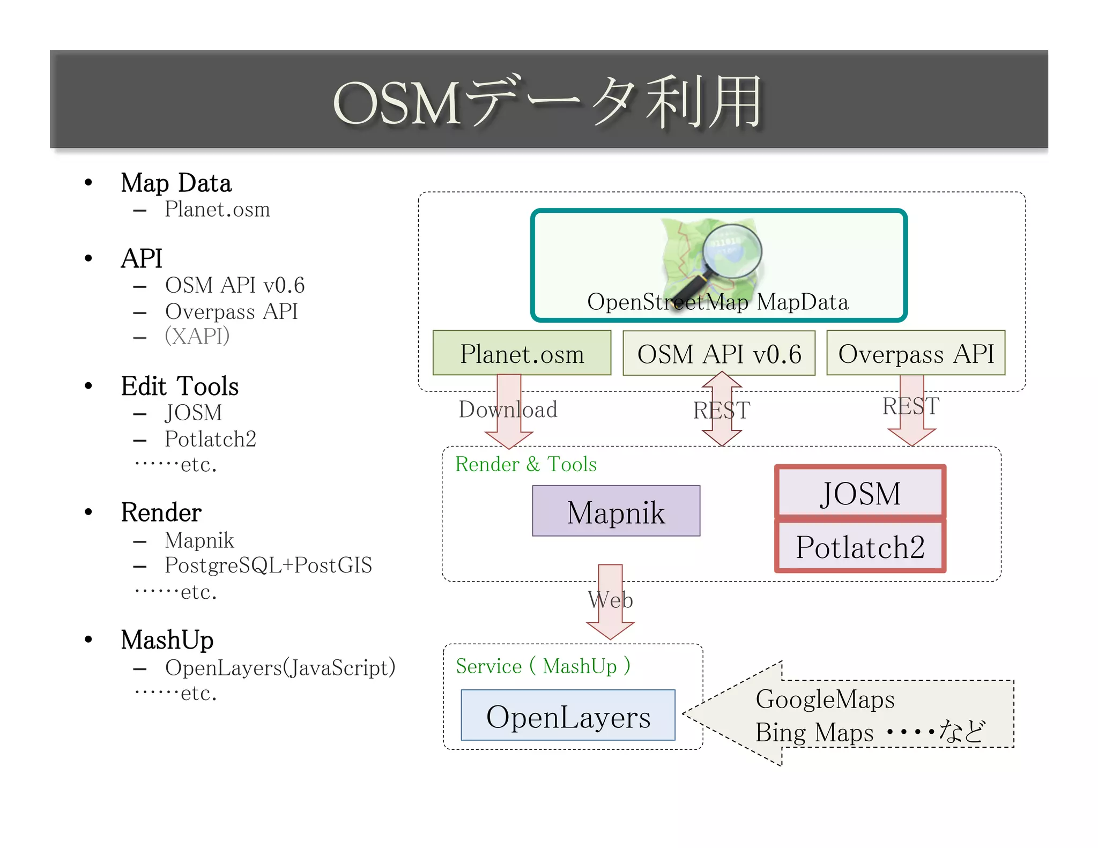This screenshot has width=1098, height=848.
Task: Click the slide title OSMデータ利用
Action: [x=548, y=102]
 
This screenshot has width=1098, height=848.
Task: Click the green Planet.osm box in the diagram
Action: [x=521, y=353]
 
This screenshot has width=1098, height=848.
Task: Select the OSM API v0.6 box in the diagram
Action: [x=718, y=353]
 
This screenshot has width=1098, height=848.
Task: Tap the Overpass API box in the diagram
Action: [x=915, y=353]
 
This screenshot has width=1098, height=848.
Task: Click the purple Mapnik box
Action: [x=615, y=511]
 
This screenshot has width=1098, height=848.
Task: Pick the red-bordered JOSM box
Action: [x=859, y=493]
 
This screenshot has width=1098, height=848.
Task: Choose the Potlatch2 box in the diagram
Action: [x=859, y=547]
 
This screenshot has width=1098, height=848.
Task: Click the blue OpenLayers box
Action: [x=568, y=716]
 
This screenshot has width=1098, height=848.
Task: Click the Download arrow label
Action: [x=508, y=410]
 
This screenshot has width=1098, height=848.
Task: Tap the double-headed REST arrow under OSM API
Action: [x=722, y=410]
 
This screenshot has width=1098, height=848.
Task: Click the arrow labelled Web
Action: [x=610, y=600]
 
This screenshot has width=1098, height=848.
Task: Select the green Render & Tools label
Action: [x=525, y=464]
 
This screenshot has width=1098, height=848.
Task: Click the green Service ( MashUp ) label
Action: [x=543, y=666]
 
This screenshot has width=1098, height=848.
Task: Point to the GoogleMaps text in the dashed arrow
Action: [x=825, y=700]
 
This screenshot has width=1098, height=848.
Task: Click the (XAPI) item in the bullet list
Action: [x=197, y=336]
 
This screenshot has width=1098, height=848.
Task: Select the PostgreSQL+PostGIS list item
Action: [x=268, y=565]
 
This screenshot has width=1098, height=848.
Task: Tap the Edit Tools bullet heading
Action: [x=180, y=386]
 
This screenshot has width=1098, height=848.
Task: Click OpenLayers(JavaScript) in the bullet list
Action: [x=280, y=668]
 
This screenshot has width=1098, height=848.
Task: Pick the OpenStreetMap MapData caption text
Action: [x=717, y=302]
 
